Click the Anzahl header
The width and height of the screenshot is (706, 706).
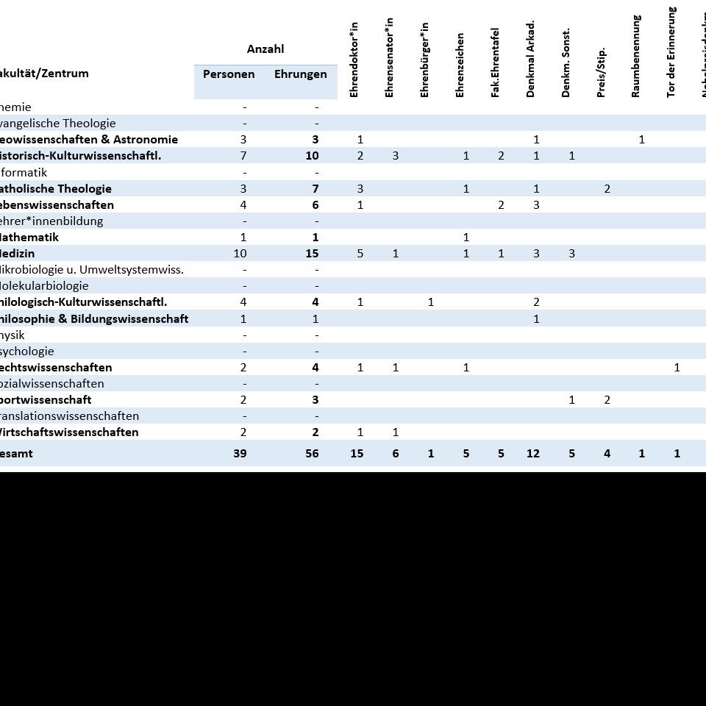click(x=265, y=49)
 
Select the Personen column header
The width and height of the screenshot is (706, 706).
click(x=229, y=74)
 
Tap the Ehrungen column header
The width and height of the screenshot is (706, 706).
click(x=300, y=74)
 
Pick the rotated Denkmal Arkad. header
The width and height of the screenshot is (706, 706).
click(x=531, y=59)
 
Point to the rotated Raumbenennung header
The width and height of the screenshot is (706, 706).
click(x=636, y=57)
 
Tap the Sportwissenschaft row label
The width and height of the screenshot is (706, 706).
click(x=46, y=400)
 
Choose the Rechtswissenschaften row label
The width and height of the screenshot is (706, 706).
click(x=56, y=368)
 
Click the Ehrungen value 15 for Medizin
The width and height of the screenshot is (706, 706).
click(x=312, y=254)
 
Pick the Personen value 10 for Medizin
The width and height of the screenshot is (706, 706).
click(x=240, y=254)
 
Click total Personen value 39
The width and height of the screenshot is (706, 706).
click(x=240, y=454)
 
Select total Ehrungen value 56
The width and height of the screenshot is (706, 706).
click(x=312, y=454)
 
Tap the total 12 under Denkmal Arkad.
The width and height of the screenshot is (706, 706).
click(x=533, y=454)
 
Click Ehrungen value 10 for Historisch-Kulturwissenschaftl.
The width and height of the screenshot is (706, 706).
click(x=312, y=156)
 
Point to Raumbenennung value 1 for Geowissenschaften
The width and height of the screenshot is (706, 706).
click(x=642, y=140)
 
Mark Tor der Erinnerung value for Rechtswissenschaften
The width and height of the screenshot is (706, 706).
click(x=677, y=368)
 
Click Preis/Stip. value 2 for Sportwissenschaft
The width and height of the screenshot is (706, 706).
click(x=607, y=400)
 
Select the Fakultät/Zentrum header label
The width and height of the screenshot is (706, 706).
click(x=44, y=74)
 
